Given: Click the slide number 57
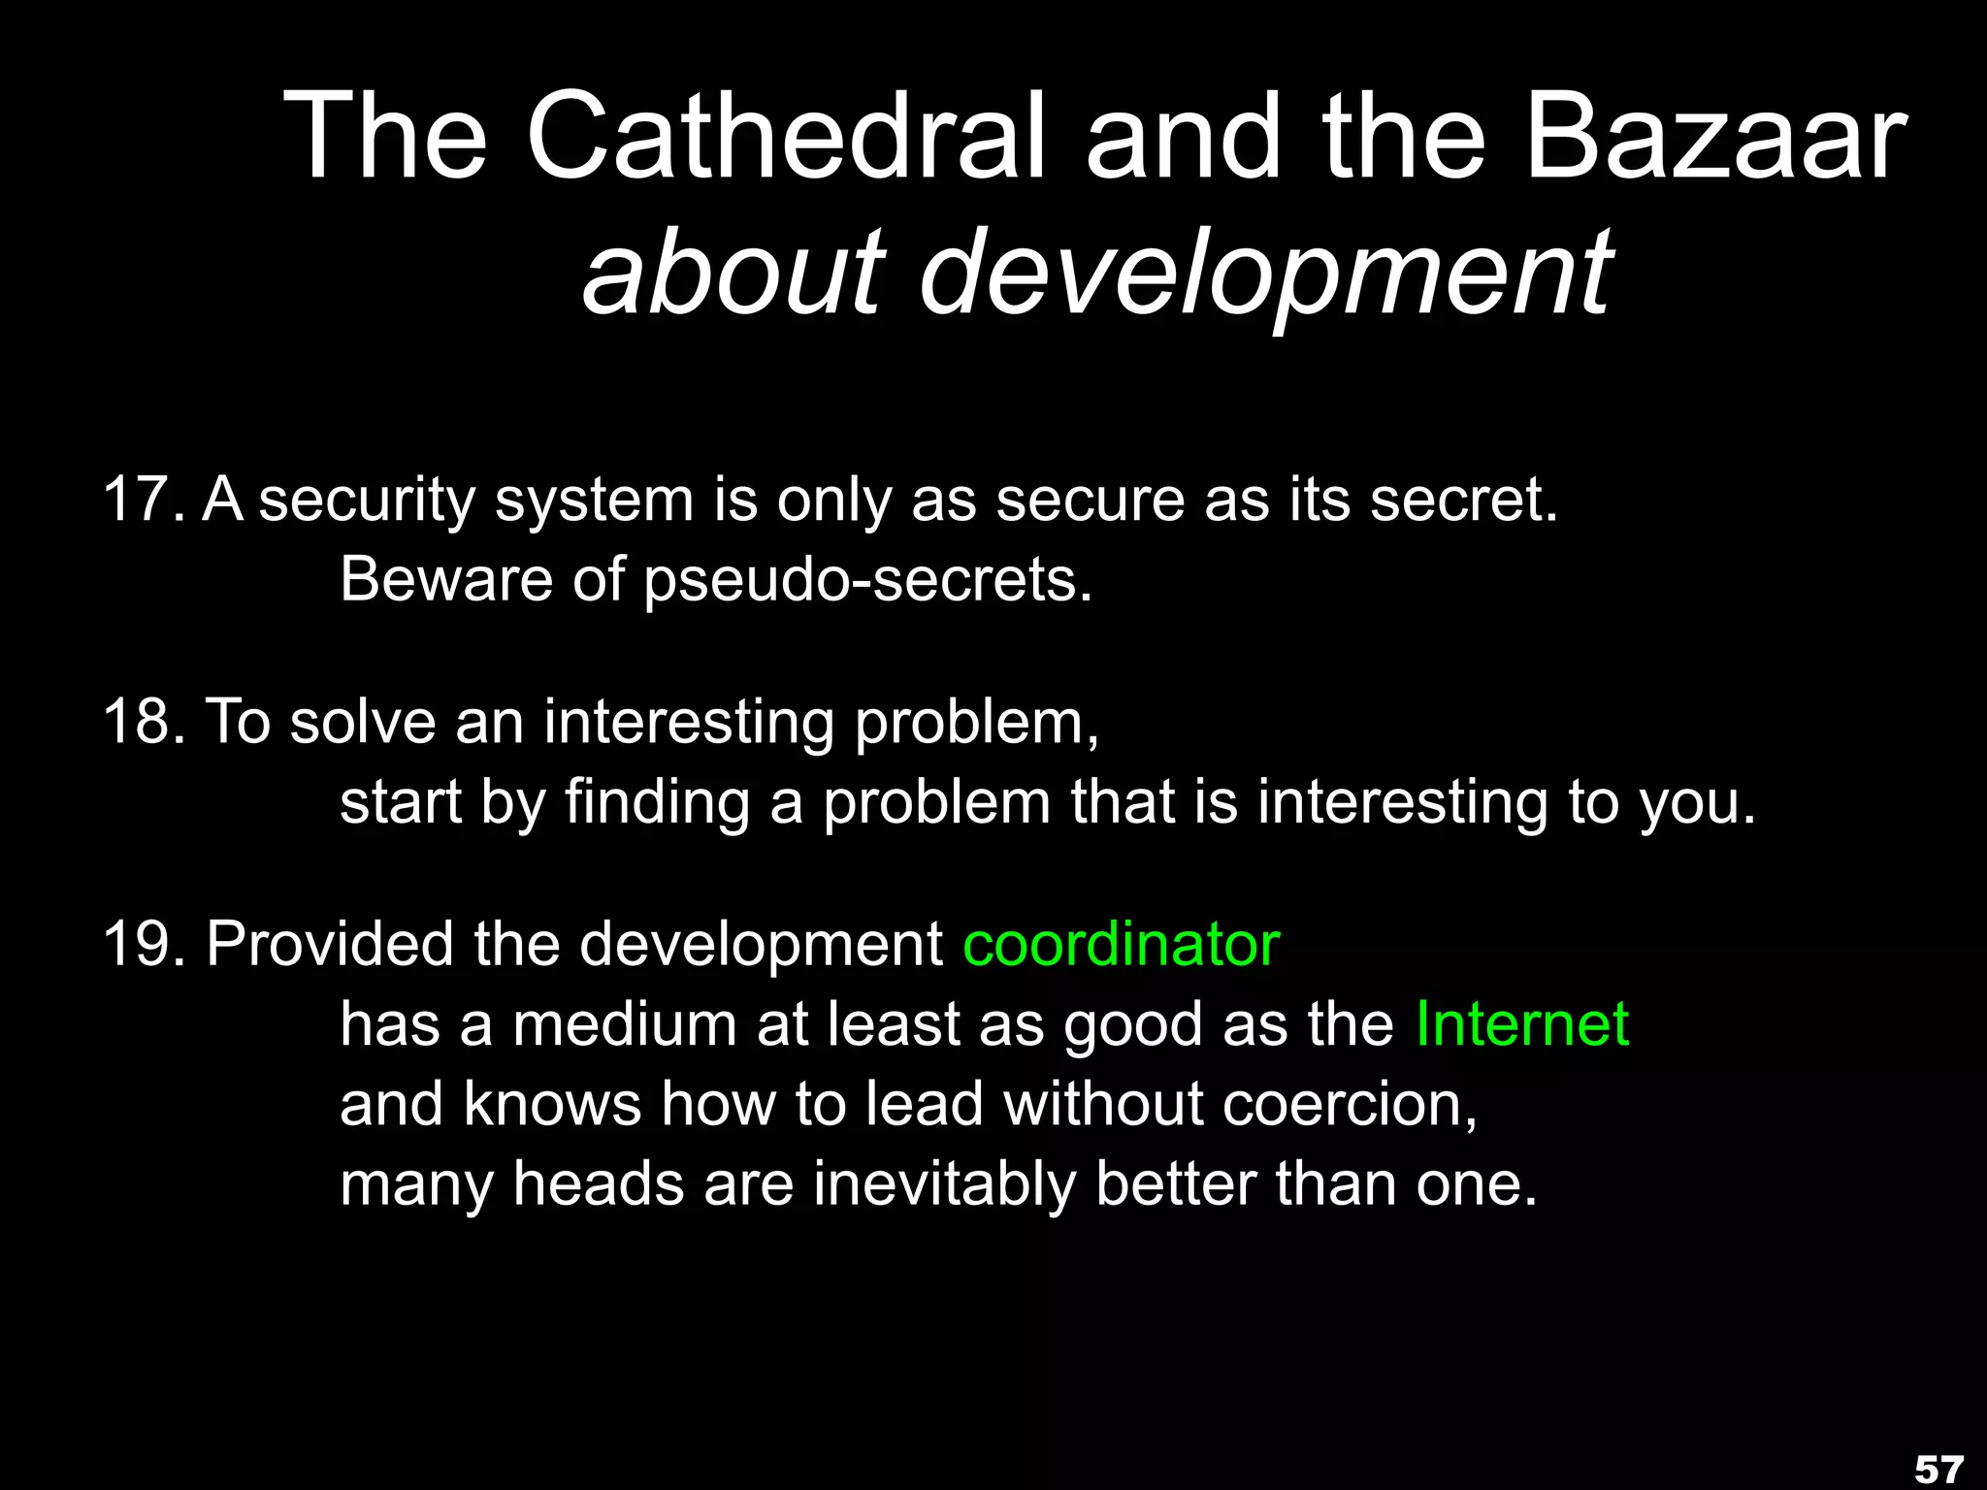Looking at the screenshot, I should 1938,1470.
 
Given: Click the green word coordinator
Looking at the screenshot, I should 1122,944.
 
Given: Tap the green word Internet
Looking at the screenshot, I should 1521,1024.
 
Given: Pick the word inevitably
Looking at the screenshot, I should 943,1185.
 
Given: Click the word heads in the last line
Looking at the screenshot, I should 598,1184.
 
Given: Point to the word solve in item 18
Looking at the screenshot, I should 363,723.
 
